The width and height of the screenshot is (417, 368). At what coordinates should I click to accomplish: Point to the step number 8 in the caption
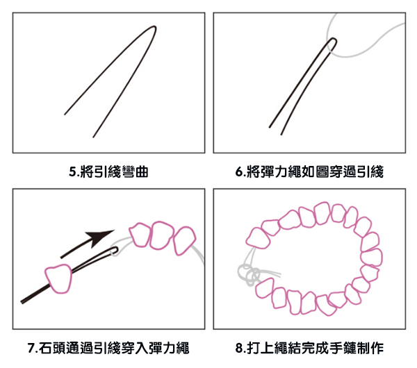click(239, 347)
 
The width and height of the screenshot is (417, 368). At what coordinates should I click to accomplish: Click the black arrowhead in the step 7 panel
click(105, 237)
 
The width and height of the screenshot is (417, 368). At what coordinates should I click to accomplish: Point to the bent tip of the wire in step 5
click(152, 28)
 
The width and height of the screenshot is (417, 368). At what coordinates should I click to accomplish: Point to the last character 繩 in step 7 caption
click(183, 347)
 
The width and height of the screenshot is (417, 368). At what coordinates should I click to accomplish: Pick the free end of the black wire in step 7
click(23, 301)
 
